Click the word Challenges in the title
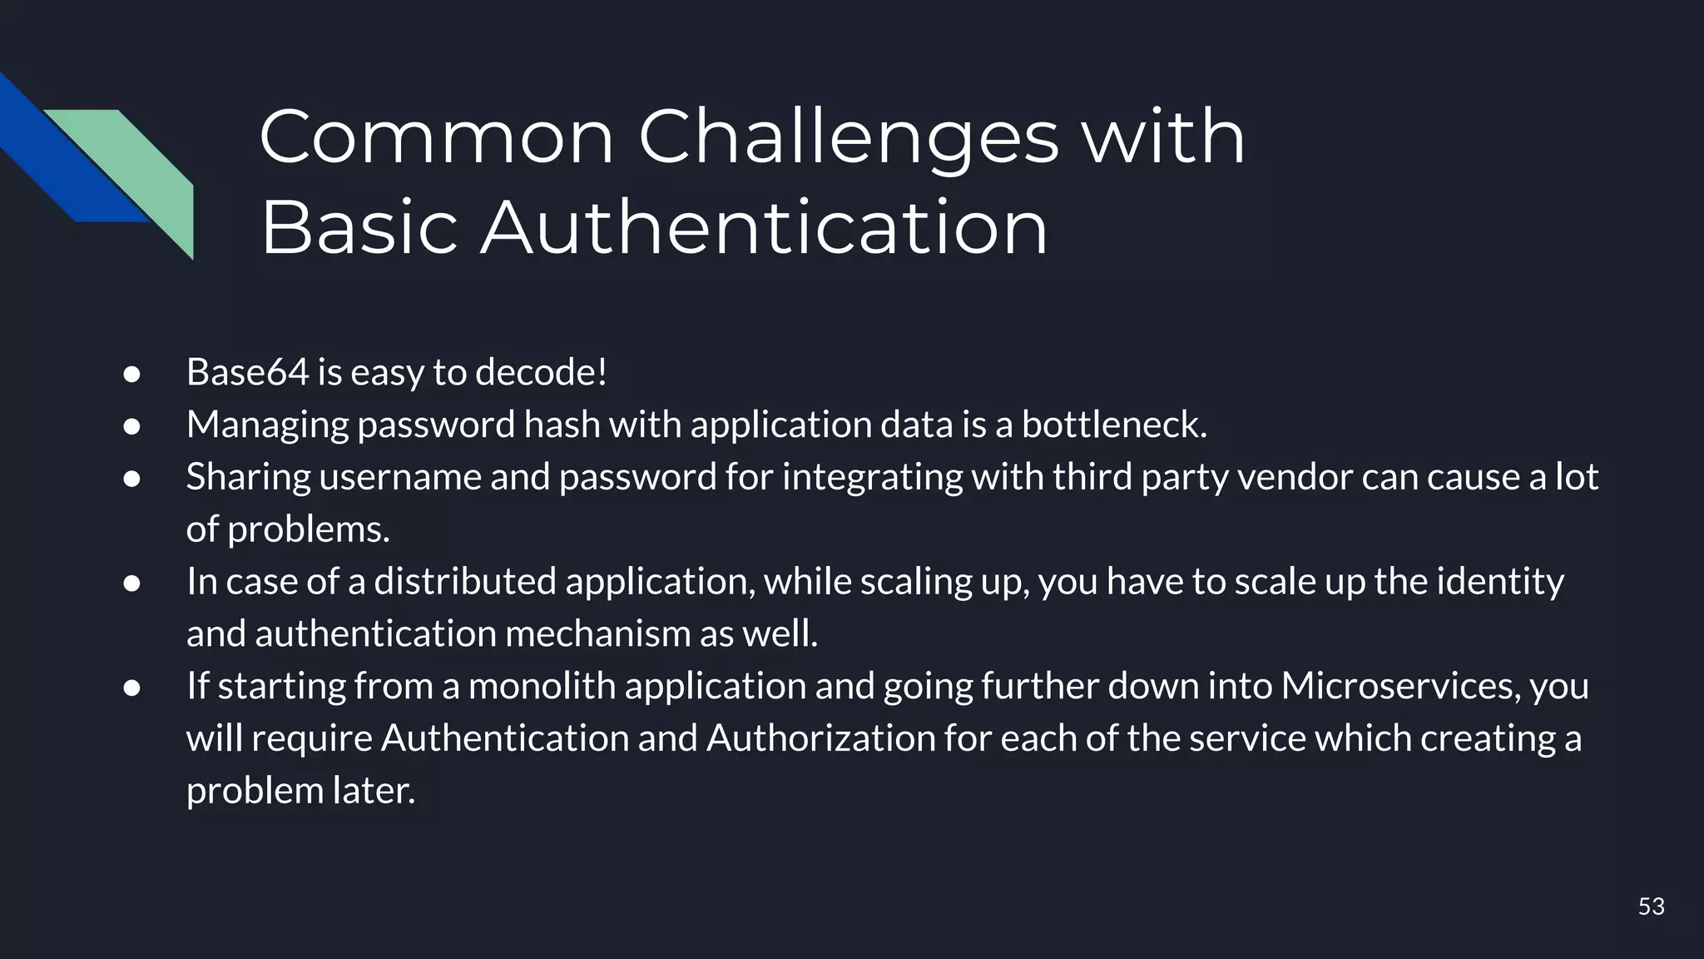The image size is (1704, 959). [x=849, y=137]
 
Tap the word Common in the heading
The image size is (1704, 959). [x=436, y=137]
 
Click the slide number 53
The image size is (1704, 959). [x=1651, y=907]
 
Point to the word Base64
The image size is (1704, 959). [x=247, y=372]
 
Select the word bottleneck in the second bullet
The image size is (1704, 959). [x=1113, y=425]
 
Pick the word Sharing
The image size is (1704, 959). [x=248, y=477]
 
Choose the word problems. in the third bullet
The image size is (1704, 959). [x=309, y=530]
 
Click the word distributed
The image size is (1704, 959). [x=464, y=581]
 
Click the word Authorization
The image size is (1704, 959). [x=820, y=738]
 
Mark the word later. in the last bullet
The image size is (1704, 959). [x=374, y=791]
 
